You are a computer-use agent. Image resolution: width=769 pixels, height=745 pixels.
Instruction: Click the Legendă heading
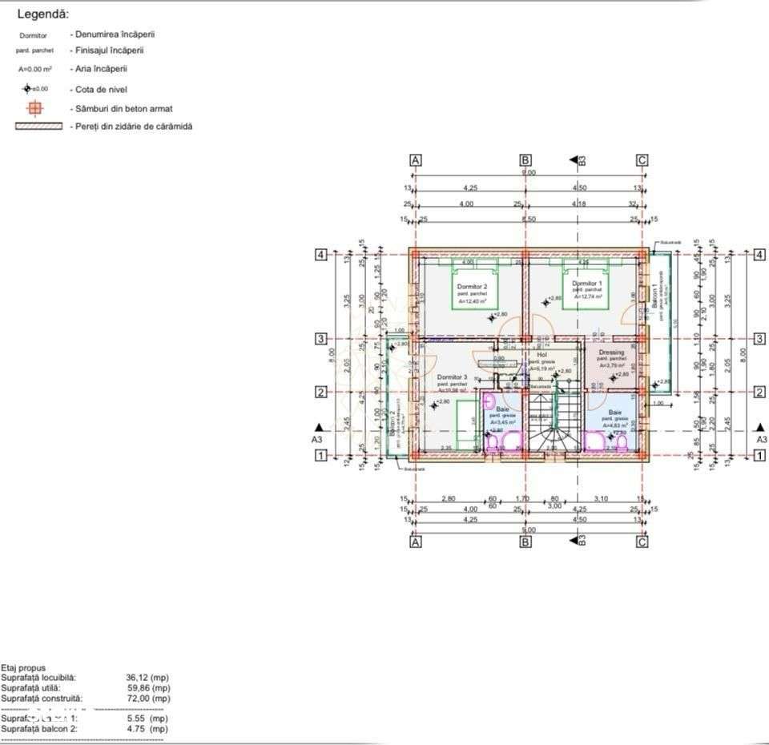click(x=42, y=14)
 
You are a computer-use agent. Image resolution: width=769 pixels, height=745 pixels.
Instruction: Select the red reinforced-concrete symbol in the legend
click(x=34, y=108)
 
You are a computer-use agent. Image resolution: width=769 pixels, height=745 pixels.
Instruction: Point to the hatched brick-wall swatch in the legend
click(x=38, y=127)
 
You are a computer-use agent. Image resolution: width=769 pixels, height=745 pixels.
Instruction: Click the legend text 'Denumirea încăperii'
click(x=112, y=34)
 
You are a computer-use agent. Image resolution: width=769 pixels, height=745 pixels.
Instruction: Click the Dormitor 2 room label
click(x=473, y=286)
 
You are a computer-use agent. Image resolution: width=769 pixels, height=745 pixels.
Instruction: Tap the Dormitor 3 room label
click(x=452, y=377)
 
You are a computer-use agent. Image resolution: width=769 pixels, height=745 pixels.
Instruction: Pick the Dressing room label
click(x=611, y=352)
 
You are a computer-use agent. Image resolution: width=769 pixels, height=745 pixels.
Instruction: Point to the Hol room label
click(x=542, y=354)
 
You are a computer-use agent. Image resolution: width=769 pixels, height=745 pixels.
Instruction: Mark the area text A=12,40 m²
click(x=473, y=301)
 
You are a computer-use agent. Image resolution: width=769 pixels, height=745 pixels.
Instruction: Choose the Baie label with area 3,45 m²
click(x=502, y=409)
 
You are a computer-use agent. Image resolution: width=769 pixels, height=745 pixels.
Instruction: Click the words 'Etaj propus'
click(x=23, y=667)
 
